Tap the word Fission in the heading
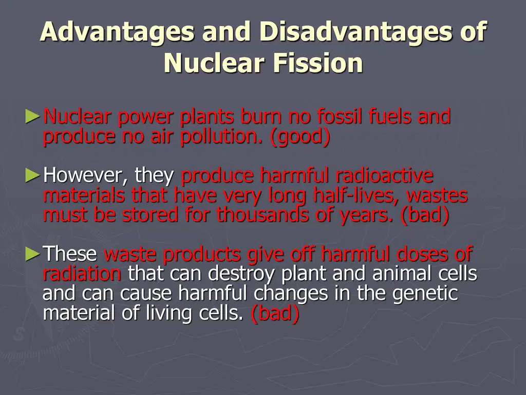(317, 63)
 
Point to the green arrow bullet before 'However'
(33, 175)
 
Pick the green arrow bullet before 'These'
(33, 254)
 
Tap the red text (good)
(300, 137)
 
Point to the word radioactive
(384, 175)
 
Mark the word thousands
(262, 215)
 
